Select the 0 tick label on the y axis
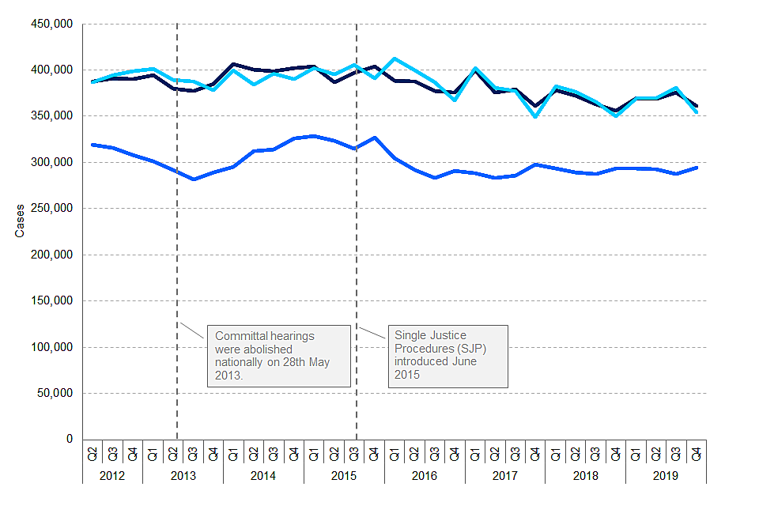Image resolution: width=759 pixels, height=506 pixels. point(70,439)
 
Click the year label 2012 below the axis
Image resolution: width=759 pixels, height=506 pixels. point(112,475)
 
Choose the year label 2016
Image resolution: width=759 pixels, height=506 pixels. point(425,475)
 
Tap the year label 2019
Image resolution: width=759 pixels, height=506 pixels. point(666,475)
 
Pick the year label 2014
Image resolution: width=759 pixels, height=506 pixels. point(263,475)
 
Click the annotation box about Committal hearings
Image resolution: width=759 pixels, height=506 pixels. point(278,356)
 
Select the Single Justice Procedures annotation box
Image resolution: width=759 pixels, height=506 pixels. point(448,356)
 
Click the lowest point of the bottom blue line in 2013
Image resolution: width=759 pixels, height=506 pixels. point(193,179)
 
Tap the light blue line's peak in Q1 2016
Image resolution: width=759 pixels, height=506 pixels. point(395,59)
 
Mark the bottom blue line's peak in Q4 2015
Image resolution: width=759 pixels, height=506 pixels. point(374,138)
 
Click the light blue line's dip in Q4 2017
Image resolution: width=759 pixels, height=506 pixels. point(535,117)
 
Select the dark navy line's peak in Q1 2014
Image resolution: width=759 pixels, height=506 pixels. point(233,64)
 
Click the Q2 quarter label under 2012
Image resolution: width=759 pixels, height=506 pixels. point(93,454)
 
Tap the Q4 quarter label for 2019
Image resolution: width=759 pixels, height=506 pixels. point(696,454)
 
